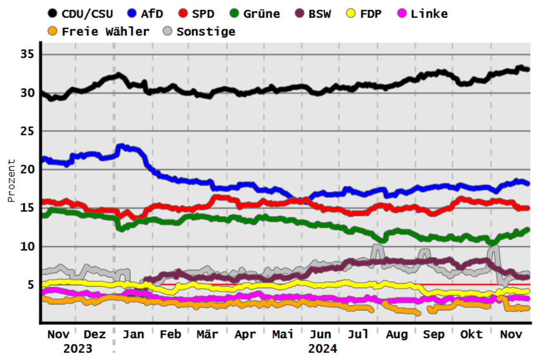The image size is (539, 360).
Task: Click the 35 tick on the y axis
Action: (28, 54)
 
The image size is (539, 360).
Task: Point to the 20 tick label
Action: (28, 169)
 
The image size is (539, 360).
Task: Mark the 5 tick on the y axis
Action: (32, 285)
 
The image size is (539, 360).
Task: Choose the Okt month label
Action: (472, 334)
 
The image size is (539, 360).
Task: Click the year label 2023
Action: (78, 348)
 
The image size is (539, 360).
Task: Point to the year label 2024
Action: (322, 348)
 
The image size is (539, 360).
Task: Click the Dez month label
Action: (95, 334)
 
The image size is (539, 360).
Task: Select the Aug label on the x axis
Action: (397, 334)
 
